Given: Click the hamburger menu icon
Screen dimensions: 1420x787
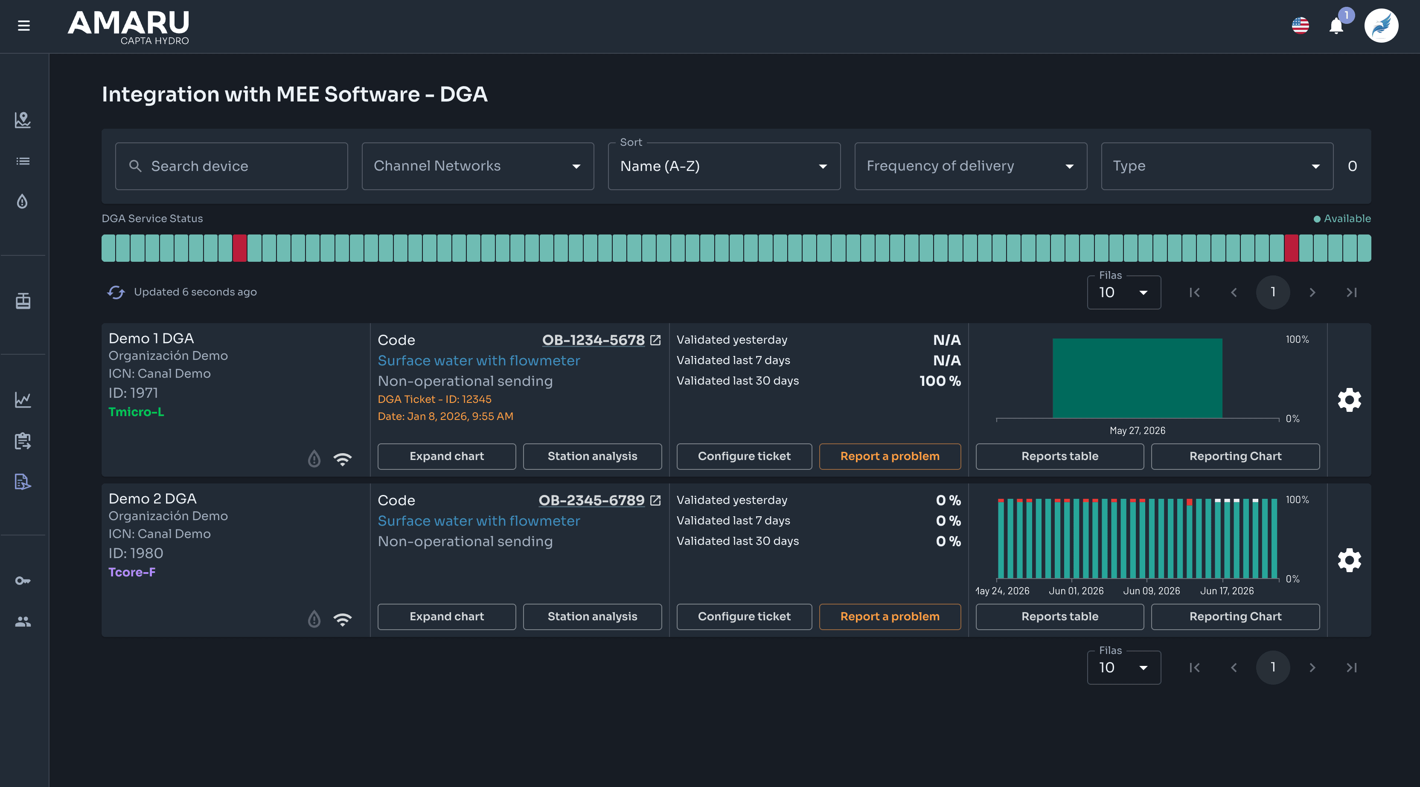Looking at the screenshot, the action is point(24,25).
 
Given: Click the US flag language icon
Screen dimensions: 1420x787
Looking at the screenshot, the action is point(1301,25).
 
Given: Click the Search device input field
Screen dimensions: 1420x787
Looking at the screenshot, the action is point(232,166).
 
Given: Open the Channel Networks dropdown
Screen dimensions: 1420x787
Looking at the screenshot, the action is point(478,166).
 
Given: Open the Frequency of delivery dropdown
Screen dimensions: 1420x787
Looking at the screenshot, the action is point(971,166).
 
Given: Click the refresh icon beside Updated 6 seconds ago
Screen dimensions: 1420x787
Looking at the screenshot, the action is point(116,292).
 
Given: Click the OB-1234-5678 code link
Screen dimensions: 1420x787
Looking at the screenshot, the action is point(593,340).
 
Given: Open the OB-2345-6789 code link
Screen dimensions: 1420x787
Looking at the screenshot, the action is point(591,500).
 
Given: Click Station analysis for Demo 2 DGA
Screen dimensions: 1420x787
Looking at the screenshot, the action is point(593,616).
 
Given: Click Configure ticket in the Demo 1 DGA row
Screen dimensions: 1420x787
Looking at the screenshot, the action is point(744,456).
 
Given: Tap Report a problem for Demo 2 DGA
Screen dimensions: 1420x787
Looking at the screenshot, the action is point(890,616).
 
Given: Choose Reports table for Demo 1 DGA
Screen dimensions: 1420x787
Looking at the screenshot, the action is point(1059,456).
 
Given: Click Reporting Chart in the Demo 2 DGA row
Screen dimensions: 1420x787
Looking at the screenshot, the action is point(1235,616).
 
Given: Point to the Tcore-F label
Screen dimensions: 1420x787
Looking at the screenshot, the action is point(132,572).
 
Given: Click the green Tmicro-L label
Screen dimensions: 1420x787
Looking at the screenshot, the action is point(136,412).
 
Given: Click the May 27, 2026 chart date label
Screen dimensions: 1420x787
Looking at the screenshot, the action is point(1137,431).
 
